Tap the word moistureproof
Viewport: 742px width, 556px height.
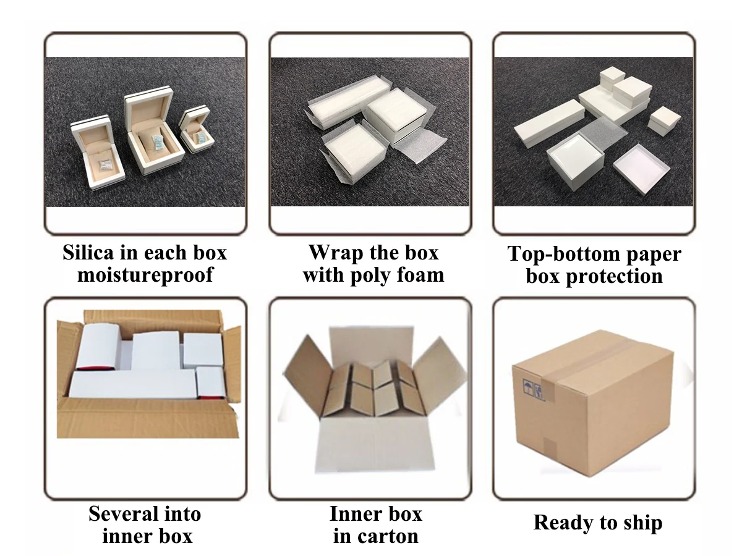(x=145, y=274)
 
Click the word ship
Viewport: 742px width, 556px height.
(x=639, y=523)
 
